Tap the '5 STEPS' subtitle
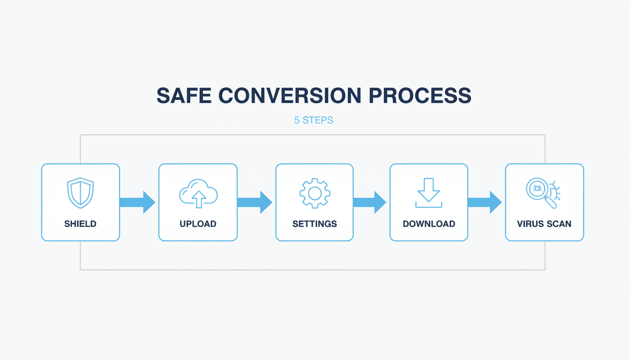[x=314, y=120]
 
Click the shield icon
[x=81, y=193]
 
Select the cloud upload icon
[x=198, y=193]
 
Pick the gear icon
[x=315, y=193]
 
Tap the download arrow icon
[x=428, y=193]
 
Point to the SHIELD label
[x=81, y=224]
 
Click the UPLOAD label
[x=198, y=224]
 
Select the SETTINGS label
[x=315, y=224]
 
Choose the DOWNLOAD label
[x=429, y=224]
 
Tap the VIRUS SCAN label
[x=544, y=224]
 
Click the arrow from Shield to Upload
[x=137, y=202]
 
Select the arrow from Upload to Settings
[x=255, y=202]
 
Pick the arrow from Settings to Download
[x=370, y=202]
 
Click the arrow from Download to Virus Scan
[x=485, y=202]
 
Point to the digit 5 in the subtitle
[x=297, y=120]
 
